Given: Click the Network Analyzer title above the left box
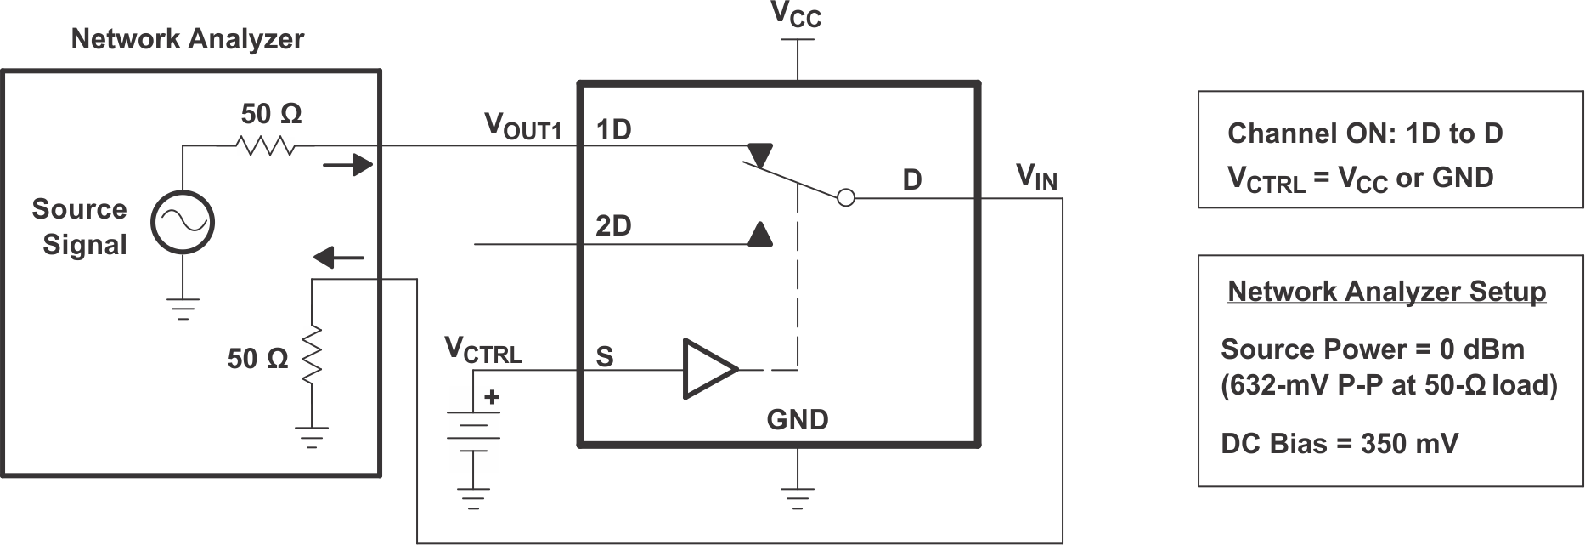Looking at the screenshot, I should tap(187, 39).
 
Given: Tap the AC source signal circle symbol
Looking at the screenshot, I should tap(183, 223).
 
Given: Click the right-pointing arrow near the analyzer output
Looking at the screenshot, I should tap(348, 165).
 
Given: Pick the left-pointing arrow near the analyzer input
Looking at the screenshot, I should tap(339, 258).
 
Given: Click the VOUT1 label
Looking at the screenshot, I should tap(522, 127).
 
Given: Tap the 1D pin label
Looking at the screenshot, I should tap(613, 130).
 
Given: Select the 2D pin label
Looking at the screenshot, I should tap(613, 227).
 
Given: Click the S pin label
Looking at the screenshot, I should tap(605, 356).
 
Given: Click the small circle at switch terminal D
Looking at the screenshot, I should tap(846, 198).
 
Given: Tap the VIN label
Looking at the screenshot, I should tap(1036, 178).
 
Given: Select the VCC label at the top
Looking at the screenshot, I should tap(796, 14).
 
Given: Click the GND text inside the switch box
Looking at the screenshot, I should tap(797, 420).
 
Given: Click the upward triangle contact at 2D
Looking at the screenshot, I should tap(760, 234).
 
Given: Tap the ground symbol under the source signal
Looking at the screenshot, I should tap(183, 308).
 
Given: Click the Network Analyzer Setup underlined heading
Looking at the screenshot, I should tap(1386, 292).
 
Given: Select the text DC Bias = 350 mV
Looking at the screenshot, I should tap(1339, 444).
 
